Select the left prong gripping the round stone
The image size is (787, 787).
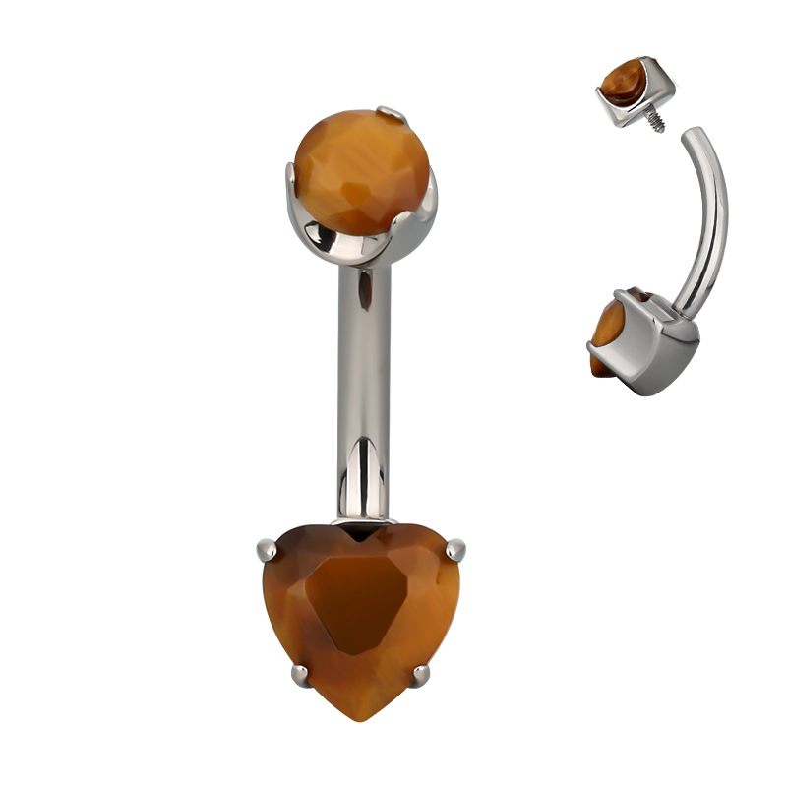click(x=291, y=181)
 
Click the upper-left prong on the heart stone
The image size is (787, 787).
click(x=265, y=546)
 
